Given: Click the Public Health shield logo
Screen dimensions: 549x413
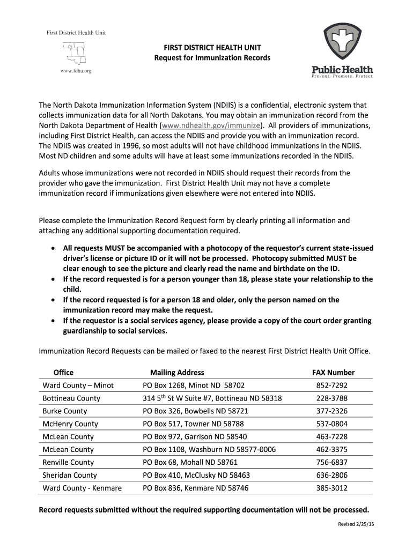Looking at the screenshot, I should point(342,43).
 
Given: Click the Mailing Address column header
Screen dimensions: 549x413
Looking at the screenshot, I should point(177,373).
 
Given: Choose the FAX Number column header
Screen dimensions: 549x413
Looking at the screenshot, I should point(333,373).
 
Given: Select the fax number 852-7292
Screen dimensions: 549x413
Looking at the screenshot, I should point(331,385).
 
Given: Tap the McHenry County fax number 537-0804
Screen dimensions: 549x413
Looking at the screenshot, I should point(331,424).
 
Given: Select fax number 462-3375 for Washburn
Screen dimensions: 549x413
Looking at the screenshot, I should point(331,450).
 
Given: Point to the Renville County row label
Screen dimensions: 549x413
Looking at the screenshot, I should point(68,462).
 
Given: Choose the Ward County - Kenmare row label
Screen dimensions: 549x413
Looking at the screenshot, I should point(82,488).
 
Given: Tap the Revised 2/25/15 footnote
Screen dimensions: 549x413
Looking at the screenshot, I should point(355,524).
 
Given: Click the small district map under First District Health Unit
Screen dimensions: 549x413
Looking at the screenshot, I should point(75,53).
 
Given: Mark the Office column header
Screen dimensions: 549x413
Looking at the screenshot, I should point(63,373).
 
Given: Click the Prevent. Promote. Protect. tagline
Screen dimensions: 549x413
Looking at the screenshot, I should point(343,76).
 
